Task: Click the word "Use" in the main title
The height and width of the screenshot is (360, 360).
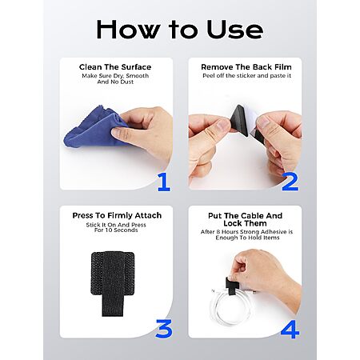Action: tap(235, 30)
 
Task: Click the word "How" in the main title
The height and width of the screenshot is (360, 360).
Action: tap(129, 30)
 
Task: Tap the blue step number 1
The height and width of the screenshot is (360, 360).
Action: tap(164, 182)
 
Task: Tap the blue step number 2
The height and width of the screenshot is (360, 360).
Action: tap(290, 182)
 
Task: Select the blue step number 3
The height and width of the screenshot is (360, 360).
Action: tap(164, 329)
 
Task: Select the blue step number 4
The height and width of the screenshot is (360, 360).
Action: tap(290, 330)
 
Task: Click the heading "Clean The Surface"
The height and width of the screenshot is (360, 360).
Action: tap(115, 67)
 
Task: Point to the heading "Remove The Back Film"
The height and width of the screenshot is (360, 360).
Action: tap(246, 67)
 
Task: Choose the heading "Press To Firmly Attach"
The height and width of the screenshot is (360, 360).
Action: tap(117, 215)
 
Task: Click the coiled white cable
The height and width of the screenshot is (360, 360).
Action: tap(229, 306)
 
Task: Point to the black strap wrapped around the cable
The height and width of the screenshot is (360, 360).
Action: tap(230, 285)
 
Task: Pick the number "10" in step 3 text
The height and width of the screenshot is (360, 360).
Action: tap(110, 230)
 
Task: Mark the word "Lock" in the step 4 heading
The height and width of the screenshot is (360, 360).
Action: tap(233, 223)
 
